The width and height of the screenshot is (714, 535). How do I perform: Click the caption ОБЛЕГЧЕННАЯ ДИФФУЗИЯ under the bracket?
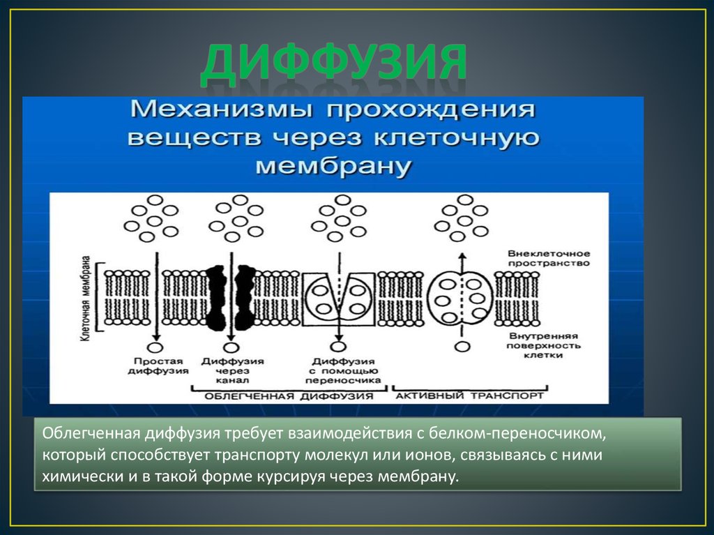[289, 395]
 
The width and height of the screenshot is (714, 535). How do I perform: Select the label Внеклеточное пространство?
[549, 258]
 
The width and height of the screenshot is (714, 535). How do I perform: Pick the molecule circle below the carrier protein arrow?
[337, 346]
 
